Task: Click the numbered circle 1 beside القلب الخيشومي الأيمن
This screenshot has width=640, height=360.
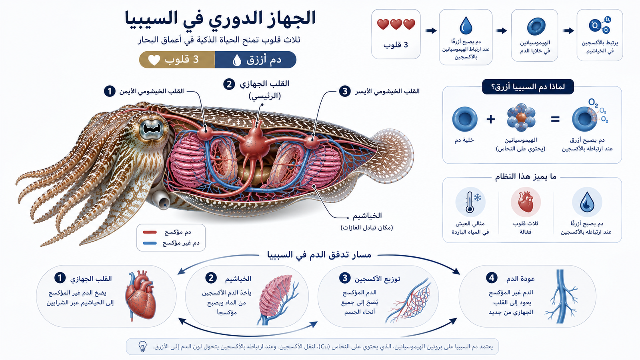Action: (110, 92)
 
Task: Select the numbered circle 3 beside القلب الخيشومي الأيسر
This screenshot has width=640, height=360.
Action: (344, 92)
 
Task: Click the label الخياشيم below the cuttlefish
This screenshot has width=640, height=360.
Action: (367, 216)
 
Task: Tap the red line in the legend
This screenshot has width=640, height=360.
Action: (150, 232)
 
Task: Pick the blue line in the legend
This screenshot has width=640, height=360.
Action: (150, 243)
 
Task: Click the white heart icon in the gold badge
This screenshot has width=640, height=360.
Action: (154, 60)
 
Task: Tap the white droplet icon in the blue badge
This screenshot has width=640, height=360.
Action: (237, 60)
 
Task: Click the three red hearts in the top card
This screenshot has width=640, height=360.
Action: (396, 24)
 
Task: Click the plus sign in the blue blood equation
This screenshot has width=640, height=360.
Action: (490, 119)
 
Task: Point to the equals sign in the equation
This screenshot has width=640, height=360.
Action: (555, 119)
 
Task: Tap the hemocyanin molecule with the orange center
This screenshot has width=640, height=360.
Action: (521, 118)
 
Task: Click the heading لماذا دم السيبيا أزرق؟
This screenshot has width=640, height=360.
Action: (528, 86)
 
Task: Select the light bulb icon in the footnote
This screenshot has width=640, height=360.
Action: (142, 346)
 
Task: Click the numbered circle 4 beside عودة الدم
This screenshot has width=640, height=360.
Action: (492, 278)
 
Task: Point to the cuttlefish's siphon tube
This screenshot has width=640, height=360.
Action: (161, 199)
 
